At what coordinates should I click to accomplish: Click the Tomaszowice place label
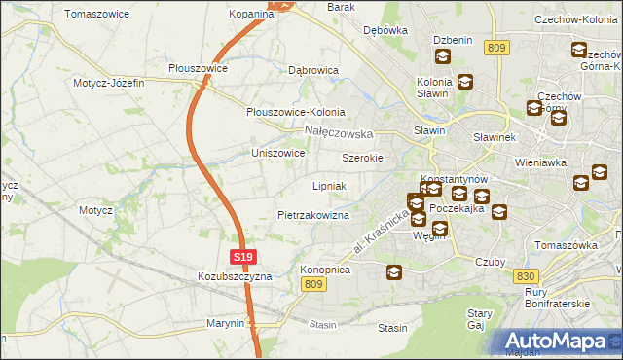coord(98,15)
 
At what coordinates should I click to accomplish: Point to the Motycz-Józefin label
coord(108,83)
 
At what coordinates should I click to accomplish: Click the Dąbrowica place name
coord(312,71)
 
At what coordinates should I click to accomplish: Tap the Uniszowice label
coord(278,154)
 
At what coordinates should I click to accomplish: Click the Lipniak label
coord(329,185)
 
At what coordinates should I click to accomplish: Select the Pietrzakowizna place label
coord(313,214)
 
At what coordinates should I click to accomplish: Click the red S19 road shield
coord(243,257)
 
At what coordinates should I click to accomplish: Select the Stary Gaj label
coord(480,320)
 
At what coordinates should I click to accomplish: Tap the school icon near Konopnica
coord(394,272)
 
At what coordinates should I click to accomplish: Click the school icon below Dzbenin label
coord(442,56)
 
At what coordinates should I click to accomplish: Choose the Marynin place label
coord(225,323)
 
